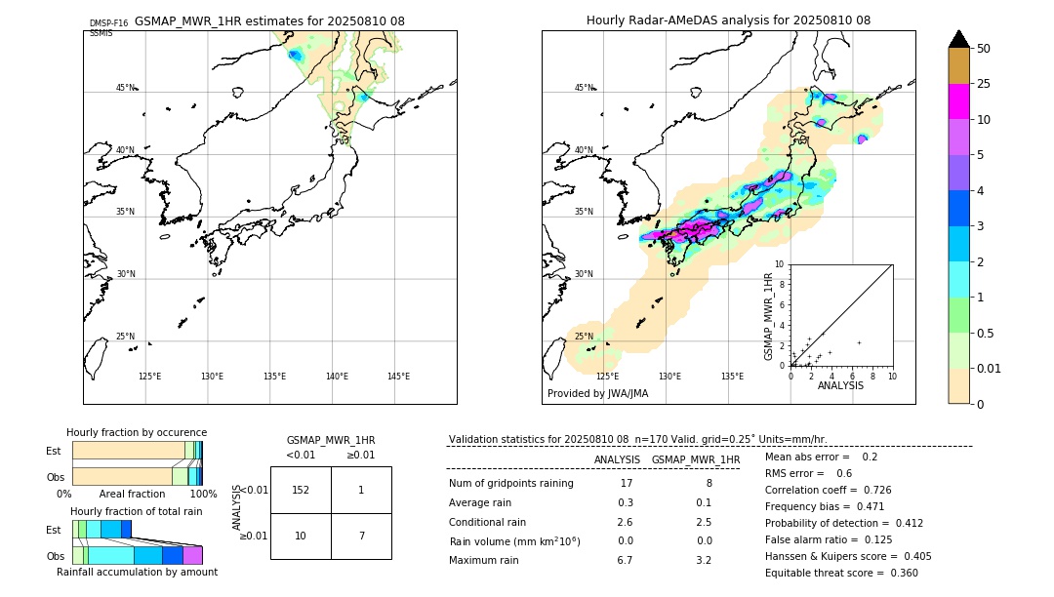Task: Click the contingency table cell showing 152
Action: pyautogui.click(x=301, y=490)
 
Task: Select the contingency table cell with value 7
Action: pyautogui.click(x=361, y=537)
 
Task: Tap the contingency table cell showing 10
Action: pyautogui.click(x=301, y=537)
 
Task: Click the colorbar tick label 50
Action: pyautogui.click(x=984, y=49)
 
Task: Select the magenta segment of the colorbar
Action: pyautogui.click(x=958, y=101)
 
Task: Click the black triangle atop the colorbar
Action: pyautogui.click(x=958, y=39)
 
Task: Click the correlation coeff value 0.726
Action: pyautogui.click(x=871, y=490)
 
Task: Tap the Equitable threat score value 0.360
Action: pyautogui.click(x=898, y=573)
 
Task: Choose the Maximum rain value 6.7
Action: pyautogui.click(x=625, y=560)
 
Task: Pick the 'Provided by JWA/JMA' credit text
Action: pyautogui.click(x=597, y=394)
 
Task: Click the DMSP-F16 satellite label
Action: pyautogui.click(x=108, y=23)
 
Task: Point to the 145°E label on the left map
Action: pyautogui.click(x=398, y=377)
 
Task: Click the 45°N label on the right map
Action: pyautogui.click(x=584, y=88)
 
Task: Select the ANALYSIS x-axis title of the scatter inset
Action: pyautogui.click(x=840, y=385)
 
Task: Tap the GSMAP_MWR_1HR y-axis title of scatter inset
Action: pyautogui.click(x=769, y=316)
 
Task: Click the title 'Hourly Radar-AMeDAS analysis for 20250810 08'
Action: pyautogui.click(x=728, y=20)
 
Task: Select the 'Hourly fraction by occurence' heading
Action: pyautogui.click(x=137, y=432)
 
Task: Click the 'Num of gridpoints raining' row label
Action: pyautogui.click(x=510, y=483)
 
